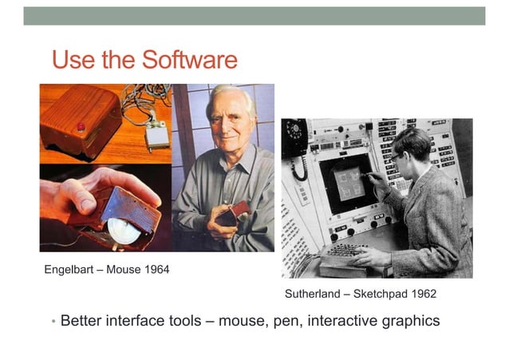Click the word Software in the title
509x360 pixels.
pyautogui.click(x=189, y=60)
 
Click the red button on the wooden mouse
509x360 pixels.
pyautogui.click(x=80, y=127)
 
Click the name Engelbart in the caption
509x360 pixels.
pyautogui.click(x=70, y=270)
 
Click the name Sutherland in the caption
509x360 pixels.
pyautogui.click(x=312, y=294)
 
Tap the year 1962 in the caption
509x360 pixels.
pyautogui.click(x=422, y=294)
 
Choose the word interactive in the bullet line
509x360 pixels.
pyautogui.click(x=340, y=321)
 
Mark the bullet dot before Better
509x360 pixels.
pyautogui.click(x=53, y=322)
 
